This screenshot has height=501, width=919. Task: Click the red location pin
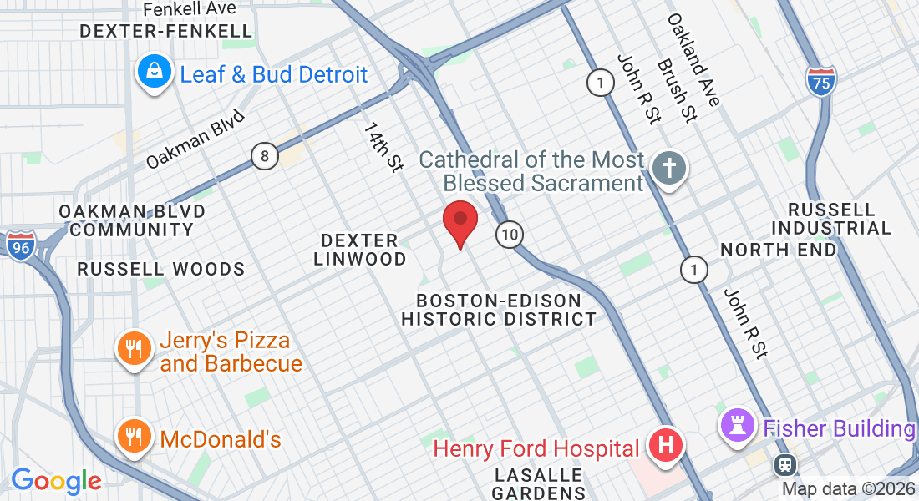[x=459, y=221]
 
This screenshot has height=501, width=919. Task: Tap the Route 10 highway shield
[x=509, y=235]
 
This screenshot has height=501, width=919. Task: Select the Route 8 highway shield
[x=265, y=155]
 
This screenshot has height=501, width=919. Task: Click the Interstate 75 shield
[x=822, y=81]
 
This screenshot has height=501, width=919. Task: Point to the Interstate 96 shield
[x=20, y=245]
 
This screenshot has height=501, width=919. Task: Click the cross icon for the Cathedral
[x=669, y=168]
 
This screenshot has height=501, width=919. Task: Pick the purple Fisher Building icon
[x=737, y=427]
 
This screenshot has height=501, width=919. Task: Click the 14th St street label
[x=383, y=147]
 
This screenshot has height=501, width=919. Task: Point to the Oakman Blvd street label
[x=195, y=139]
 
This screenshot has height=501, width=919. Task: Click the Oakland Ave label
[x=693, y=60]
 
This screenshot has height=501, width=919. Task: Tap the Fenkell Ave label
[x=190, y=9]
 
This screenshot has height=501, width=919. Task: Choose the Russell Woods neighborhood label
[x=161, y=269]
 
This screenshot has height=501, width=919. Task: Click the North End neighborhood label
[x=777, y=250]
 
